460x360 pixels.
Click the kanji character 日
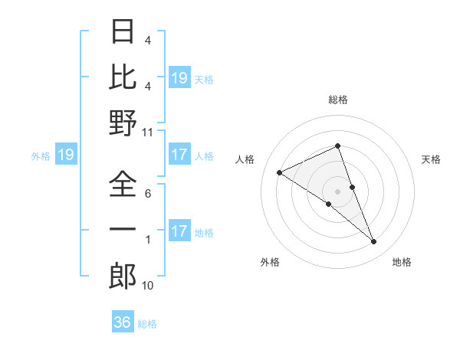(x=123, y=33)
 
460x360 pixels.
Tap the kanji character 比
(x=123, y=78)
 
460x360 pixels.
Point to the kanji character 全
(x=123, y=185)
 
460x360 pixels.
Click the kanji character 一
(x=123, y=230)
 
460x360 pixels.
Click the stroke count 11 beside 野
(x=148, y=132)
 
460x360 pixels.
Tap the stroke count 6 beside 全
(x=148, y=195)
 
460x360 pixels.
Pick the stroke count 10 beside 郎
(x=148, y=285)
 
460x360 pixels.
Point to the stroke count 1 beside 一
(x=148, y=240)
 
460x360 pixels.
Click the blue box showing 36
(x=123, y=322)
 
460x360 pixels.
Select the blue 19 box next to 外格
(x=66, y=155)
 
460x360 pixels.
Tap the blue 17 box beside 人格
(x=179, y=155)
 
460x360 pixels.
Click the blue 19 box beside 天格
(x=179, y=77)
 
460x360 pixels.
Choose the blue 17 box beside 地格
(x=179, y=231)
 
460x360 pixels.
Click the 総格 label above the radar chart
(x=338, y=100)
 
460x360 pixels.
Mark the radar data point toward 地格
(x=374, y=242)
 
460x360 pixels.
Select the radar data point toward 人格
(x=279, y=173)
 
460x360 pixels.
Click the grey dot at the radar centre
(x=338, y=190)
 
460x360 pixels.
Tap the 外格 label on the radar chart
(x=270, y=262)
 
